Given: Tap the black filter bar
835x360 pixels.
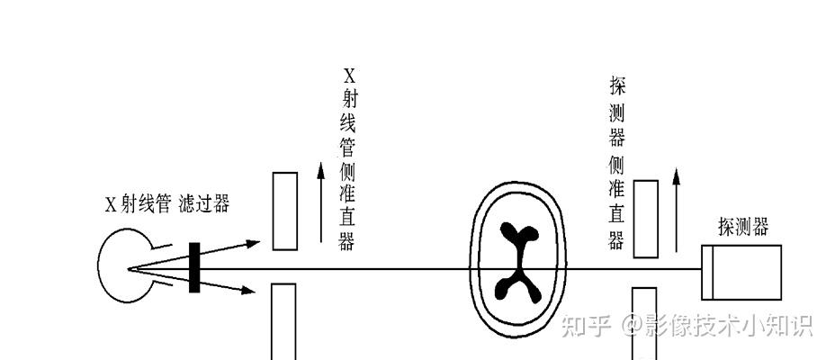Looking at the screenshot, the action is pyautogui.click(x=193, y=267).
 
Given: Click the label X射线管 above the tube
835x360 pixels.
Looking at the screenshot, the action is pyautogui.click(x=138, y=203).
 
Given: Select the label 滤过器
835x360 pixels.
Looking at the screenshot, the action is pyautogui.click(x=203, y=203).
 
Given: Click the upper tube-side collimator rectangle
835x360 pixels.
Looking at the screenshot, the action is pyautogui.click(x=284, y=211).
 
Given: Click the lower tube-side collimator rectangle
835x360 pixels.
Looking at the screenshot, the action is pyautogui.click(x=284, y=320).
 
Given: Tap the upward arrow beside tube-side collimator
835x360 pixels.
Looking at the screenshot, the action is pyautogui.click(x=321, y=202).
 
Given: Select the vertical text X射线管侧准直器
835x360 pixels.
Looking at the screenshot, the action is pyautogui.click(x=347, y=158).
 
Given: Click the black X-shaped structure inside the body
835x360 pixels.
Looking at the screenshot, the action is pyautogui.click(x=515, y=262).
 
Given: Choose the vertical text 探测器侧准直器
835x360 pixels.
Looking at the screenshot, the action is pyautogui.click(x=617, y=163).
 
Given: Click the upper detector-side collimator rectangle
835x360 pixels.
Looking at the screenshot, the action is pyautogui.click(x=645, y=219).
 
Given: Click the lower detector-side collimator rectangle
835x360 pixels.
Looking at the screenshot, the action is pyautogui.click(x=645, y=322).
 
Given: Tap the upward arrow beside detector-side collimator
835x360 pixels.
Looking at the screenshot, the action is pyautogui.click(x=676, y=207).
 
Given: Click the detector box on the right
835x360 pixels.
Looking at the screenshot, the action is pyautogui.click(x=741, y=272).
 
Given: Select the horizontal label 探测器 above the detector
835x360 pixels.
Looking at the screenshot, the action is pyautogui.click(x=743, y=226).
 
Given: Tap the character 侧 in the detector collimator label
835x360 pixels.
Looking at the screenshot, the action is pyautogui.click(x=617, y=164).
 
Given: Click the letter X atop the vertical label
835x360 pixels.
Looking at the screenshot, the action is pyautogui.click(x=347, y=75).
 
